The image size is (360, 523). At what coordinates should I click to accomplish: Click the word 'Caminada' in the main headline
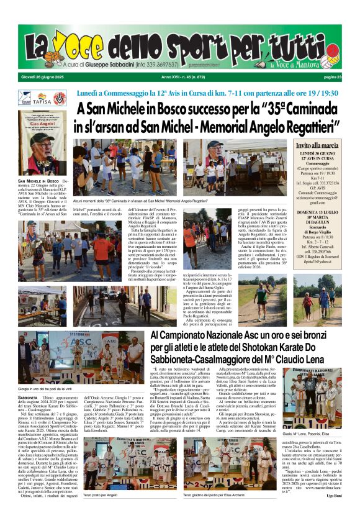pos(301,109)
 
